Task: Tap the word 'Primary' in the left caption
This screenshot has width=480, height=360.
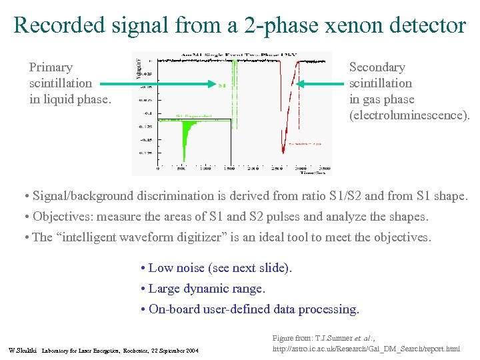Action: point(51,67)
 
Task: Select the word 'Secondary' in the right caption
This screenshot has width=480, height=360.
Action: point(377,67)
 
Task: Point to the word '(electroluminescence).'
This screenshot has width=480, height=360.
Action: point(409,115)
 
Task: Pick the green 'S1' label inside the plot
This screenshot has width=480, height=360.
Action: point(223,85)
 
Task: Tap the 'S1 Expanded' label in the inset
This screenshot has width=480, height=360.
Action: point(194,116)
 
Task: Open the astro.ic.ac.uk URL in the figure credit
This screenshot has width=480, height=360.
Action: point(367,349)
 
